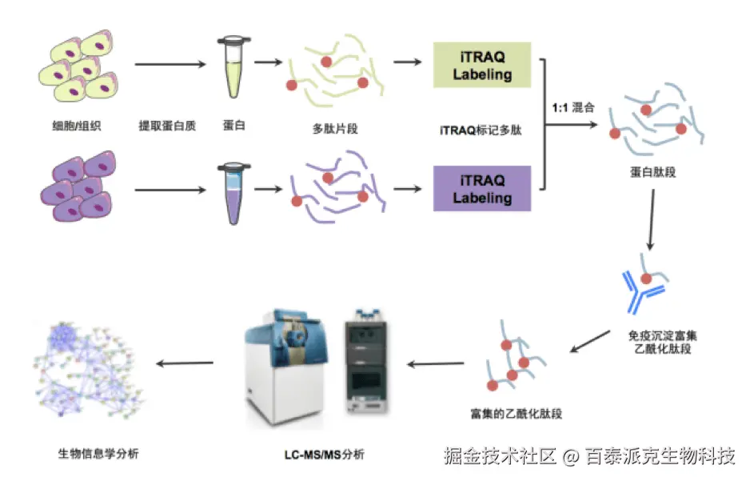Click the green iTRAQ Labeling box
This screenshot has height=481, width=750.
(482, 65)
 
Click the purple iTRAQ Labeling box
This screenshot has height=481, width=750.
(482, 188)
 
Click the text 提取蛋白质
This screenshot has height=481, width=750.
(167, 126)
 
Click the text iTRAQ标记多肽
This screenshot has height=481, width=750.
(481, 130)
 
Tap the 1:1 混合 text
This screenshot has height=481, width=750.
(573, 107)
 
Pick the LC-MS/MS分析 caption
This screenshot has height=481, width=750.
(324, 455)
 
